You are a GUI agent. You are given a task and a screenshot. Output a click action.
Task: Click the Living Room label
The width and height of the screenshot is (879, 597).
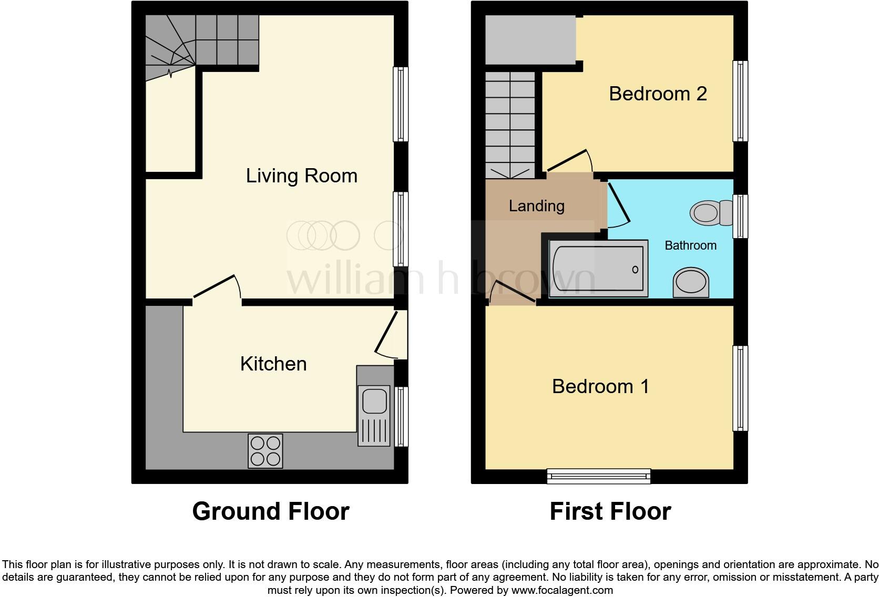[301, 176]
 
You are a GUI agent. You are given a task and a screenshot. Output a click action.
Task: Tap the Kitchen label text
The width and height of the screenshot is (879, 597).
[273, 364]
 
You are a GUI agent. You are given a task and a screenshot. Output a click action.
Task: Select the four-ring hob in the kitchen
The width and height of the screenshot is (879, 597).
[265, 451]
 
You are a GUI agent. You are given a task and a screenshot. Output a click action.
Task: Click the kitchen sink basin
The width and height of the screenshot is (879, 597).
[374, 401]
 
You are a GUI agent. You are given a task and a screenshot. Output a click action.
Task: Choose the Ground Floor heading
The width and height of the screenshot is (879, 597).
[270, 511]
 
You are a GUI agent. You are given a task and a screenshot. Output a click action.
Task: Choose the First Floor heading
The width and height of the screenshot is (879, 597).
[610, 511]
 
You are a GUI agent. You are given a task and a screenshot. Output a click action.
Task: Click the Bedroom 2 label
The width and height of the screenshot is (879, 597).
[657, 94]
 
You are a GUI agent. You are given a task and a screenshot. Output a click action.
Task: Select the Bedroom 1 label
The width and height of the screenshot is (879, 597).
[600, 386]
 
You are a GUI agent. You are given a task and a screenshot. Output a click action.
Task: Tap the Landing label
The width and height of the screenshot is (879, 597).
[536, 205]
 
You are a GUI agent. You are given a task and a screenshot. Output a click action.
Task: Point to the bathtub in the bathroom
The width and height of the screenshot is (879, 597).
[598, 269]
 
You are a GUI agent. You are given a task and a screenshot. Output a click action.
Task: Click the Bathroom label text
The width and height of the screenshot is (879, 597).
[690, 245]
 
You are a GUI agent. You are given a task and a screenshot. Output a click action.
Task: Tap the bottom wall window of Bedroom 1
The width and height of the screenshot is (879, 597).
[598, 476]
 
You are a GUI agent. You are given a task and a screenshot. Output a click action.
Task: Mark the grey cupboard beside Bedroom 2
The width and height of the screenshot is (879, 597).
[530, 40]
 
